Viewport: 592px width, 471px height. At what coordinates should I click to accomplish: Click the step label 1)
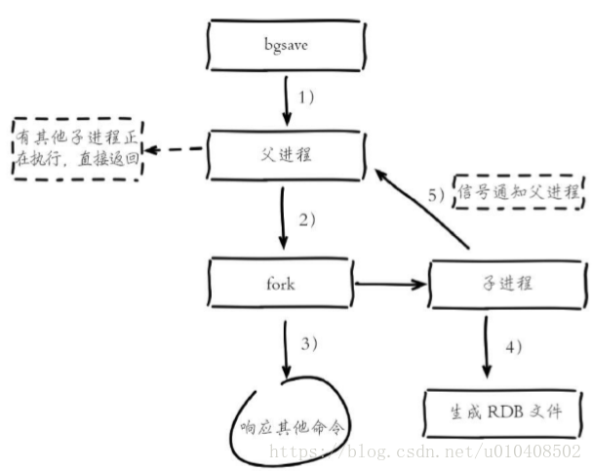[306, 98]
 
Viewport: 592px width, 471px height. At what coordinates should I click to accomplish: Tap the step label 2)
[307, 219]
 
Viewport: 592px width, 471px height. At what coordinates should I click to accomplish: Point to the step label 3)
[309, 344]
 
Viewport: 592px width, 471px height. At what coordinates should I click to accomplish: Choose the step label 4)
[513, 346]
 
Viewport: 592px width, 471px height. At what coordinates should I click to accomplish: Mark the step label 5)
[437, 195]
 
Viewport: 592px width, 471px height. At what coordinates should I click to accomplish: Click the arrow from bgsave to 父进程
[287, 101]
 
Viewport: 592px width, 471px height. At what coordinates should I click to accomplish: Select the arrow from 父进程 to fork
[283, 218]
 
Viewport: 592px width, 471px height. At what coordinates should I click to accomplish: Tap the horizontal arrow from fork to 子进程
[391, 284]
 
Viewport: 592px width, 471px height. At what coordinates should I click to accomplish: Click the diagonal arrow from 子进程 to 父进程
[421, 209]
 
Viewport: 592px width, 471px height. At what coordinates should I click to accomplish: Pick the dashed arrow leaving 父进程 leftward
[174, 149]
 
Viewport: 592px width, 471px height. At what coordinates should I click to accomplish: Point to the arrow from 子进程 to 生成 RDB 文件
[487, 347]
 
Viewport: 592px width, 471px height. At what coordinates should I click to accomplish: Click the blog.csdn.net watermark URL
[425, 451]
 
